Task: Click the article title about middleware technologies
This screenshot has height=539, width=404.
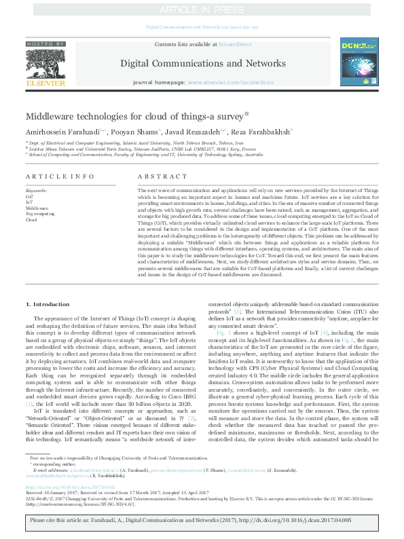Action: click(134, 117)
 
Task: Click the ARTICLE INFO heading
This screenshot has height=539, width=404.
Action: click(51, 176)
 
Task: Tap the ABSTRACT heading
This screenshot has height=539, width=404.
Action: click(153, 176)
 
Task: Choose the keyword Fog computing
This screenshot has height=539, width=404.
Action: click(40, 214)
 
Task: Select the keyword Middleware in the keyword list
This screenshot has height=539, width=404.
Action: click(37, 208)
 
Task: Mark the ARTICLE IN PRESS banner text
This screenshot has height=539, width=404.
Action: click(202, 10)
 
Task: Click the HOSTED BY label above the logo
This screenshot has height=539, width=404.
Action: click(45, 43)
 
